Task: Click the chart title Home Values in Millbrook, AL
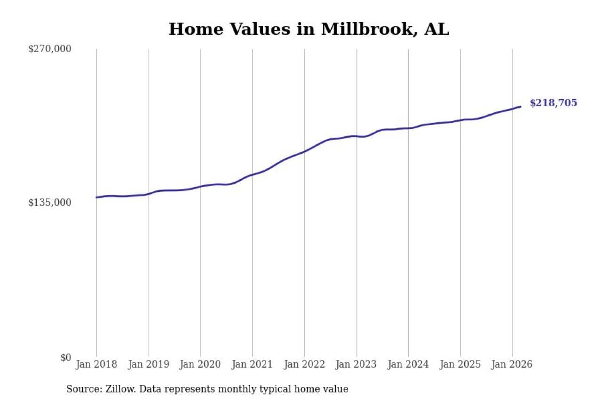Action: [x=309, y=29]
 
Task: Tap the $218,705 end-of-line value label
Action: [x=553, y=103]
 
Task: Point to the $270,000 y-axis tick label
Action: [x=50, y=49]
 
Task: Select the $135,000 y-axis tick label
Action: [x=50, y=203]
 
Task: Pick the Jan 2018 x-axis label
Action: [x=96, y=365]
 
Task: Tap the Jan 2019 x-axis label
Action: [x=149, y=365]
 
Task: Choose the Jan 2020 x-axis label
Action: [x=200, y=365]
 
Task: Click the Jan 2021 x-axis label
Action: [x=253, y=365]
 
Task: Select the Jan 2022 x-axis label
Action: [x=304, y=365]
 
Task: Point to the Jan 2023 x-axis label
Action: [x=356, y=365]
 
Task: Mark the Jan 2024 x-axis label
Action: [x=408, y=365]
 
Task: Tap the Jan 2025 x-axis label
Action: [x=460, y=365]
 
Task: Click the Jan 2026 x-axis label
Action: [x=512, y=365]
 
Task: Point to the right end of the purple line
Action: [x=520, y=107]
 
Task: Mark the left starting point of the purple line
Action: [x=96, y=197]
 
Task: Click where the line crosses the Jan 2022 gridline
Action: [x=304, y=151]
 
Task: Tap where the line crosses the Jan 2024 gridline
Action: [x=408, y=128]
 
